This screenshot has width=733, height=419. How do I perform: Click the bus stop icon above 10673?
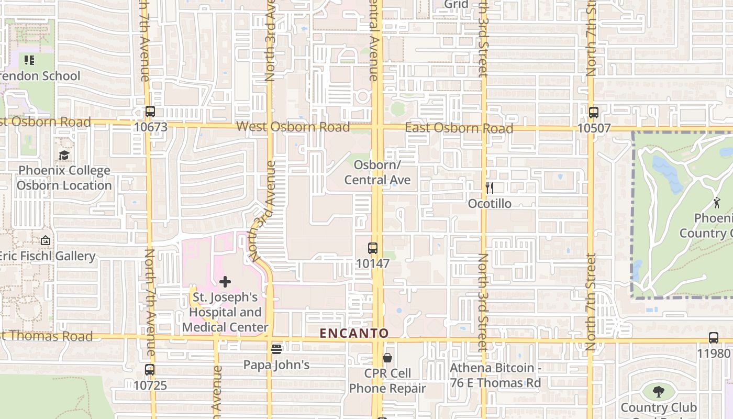150,112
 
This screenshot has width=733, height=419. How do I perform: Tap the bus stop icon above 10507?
593,112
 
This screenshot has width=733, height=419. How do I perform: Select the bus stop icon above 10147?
373,248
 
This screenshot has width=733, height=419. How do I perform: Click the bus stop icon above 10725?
150,370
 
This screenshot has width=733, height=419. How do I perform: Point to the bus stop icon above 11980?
713,338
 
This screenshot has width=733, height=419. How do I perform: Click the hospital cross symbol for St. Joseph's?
225,282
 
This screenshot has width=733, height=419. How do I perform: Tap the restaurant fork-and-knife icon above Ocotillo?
490,188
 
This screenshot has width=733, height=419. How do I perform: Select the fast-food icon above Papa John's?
276,349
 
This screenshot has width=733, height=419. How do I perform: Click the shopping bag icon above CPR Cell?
387,358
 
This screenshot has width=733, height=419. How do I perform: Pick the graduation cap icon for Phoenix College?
64,155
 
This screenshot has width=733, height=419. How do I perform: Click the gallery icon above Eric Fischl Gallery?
46,241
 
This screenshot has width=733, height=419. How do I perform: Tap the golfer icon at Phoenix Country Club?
717,203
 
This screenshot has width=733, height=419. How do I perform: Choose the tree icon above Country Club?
658,391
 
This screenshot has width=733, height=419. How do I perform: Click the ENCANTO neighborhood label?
354,333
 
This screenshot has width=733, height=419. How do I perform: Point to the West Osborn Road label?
293,127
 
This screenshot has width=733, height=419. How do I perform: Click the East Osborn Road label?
459,128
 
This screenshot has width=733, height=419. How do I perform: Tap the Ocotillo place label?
490,203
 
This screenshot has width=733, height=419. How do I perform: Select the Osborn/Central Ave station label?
377,172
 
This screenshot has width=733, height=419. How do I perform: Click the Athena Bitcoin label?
495,375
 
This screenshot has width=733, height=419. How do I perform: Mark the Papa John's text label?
276,365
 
